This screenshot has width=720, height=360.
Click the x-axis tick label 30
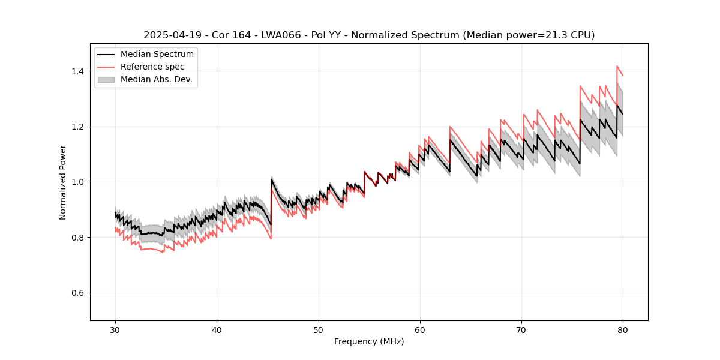[x=115, y=329]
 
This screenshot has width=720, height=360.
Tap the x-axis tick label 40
[x=217, y=329]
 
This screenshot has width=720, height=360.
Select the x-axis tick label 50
[x=319, y=329]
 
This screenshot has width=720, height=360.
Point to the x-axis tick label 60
[x=420, y=329]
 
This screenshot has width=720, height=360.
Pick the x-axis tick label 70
[x=521, y=329]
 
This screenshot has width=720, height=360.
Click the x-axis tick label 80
[x=623, y=329]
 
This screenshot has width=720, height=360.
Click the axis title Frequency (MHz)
[x=369, y=341]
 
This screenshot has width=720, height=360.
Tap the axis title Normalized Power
[x=63, y=182]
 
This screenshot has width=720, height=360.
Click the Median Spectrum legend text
[x=157, y=55]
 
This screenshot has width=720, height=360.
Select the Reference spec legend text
[x=152, y=67]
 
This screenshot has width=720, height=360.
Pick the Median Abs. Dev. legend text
[x=156, y=79]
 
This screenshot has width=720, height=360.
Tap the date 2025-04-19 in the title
[x=170, y=35]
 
